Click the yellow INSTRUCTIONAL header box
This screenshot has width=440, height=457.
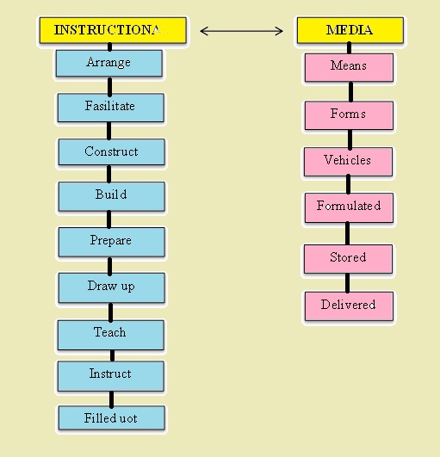coord(112,30)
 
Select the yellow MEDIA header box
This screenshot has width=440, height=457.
coord(350,30)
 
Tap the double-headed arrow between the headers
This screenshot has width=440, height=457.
coord(241,31)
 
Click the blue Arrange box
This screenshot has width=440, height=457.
coord(109,63)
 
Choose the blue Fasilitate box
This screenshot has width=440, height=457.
coord(110,108)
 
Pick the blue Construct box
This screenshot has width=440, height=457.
coord(111,152)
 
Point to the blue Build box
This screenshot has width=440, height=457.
coord(111,195)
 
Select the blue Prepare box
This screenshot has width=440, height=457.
coord(111,241)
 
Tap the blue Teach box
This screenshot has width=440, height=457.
coord(110,333)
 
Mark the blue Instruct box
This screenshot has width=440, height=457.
coord(110,374)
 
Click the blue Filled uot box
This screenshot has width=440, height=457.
coord(111,418)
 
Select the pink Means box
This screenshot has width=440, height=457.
coord(349,66)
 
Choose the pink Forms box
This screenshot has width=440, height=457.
coord(349,114)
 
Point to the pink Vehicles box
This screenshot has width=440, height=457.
coord(348,161)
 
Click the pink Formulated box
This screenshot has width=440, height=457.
coord(348,207)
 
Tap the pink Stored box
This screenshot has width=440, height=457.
coord(348,257)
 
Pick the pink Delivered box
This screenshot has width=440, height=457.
coord(348,306)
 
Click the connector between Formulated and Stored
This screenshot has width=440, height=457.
coord(348,232)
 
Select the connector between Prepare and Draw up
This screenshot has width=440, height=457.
coord(110,263)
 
